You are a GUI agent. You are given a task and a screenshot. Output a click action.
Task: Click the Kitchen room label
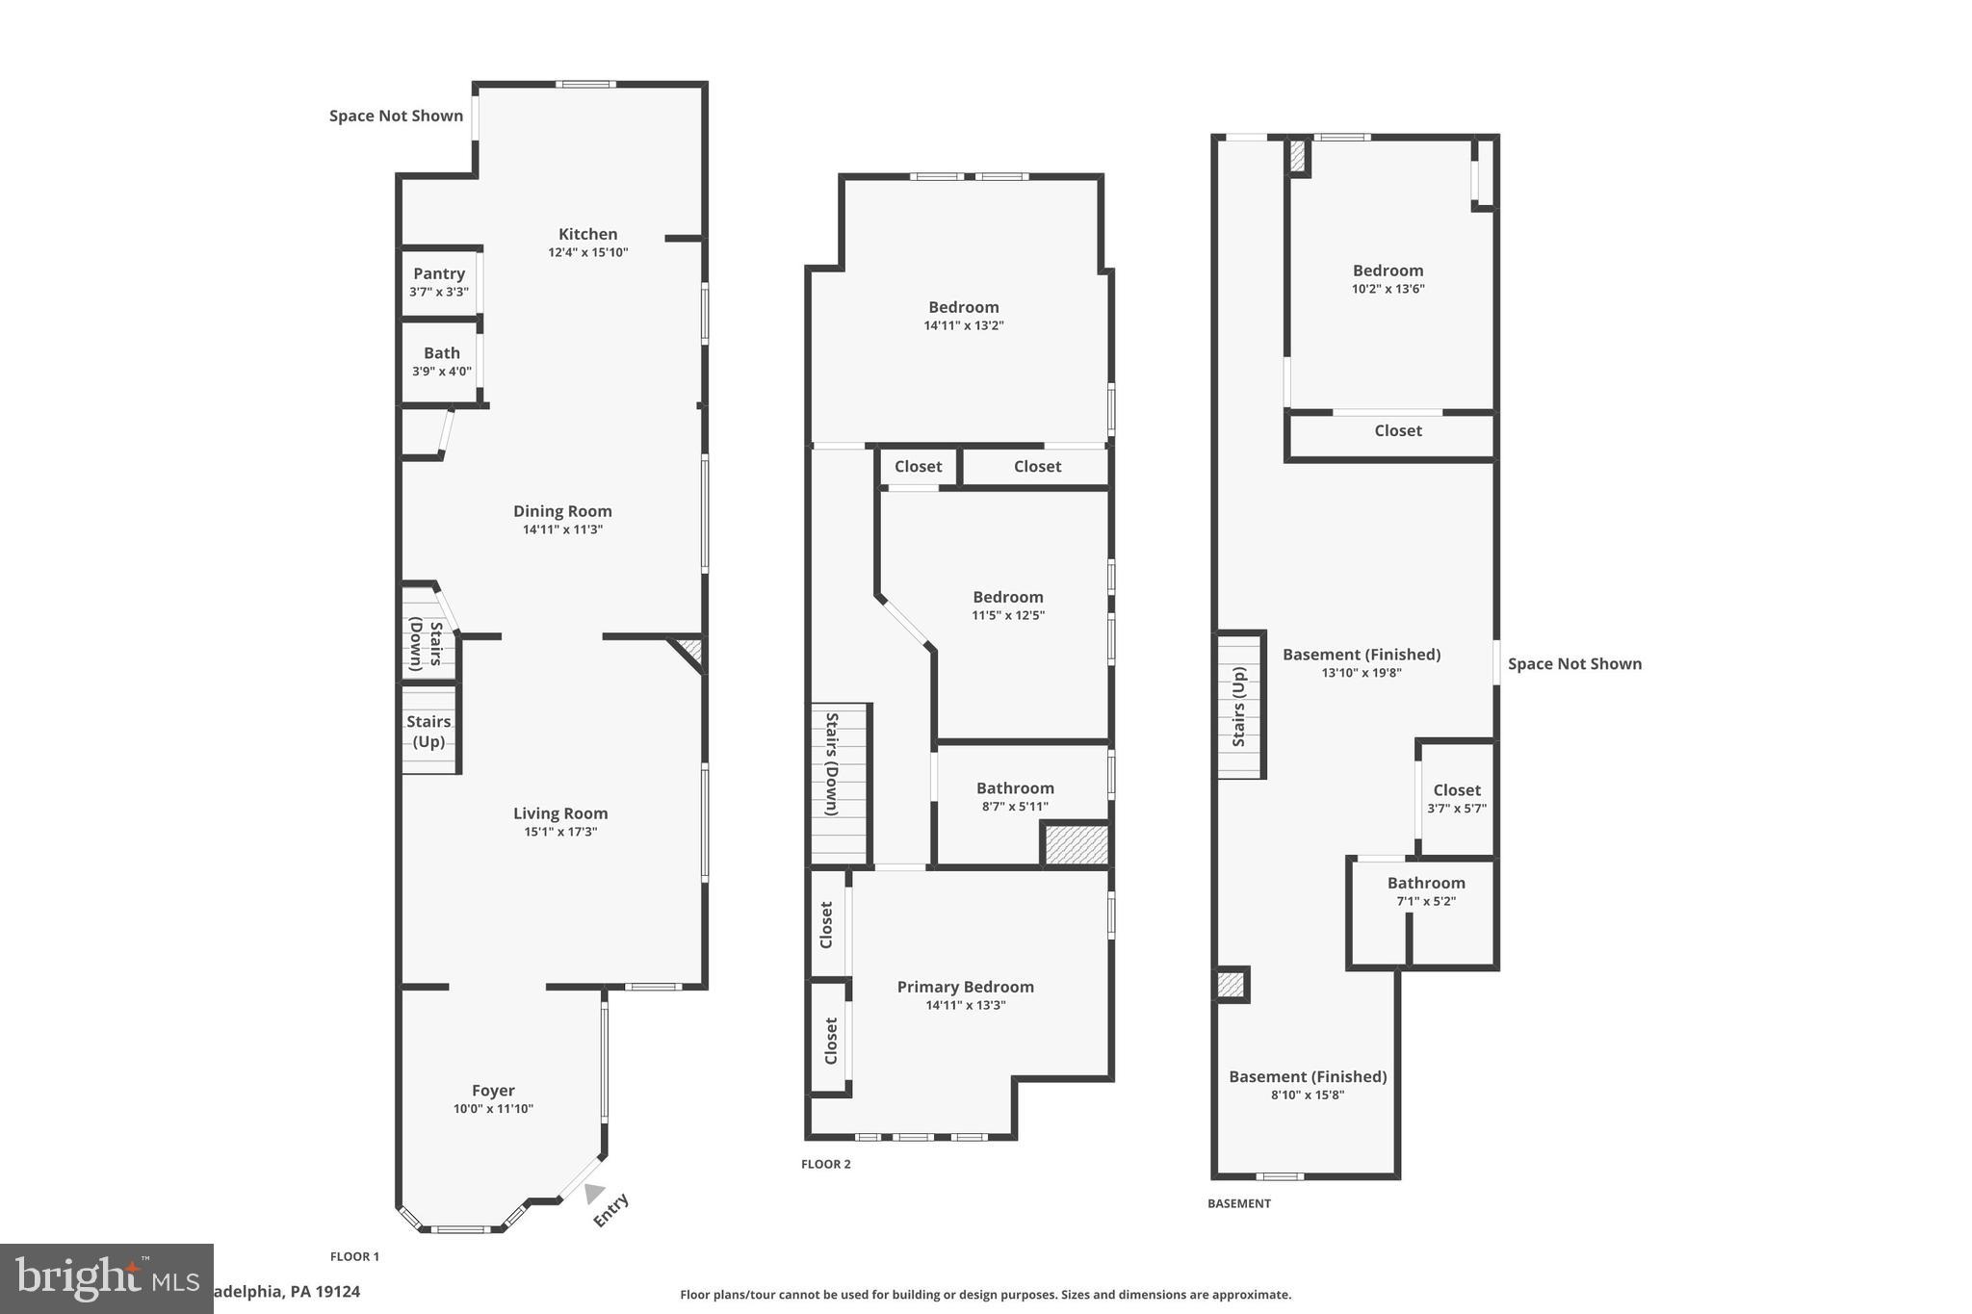click(x=587, y=234)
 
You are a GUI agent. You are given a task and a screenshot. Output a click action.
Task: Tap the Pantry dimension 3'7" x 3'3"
click(x=439, y=292)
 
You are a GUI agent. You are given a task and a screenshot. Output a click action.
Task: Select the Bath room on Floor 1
click(x=441, y=361)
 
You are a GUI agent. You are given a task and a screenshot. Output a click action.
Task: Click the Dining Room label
click(x=562, y=511)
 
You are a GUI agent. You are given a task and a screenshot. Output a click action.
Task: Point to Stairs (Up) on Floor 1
click(x=428, y=731)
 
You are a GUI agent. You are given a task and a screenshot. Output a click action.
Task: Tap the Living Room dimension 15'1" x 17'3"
click(x=560, y=832)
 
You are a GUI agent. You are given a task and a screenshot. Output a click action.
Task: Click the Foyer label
click(x=493, y=1091)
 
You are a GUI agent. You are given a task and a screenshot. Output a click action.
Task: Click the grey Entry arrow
click(x=593, y=1194)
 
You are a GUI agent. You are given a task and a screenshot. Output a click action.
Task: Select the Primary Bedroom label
click(x=965, y=987)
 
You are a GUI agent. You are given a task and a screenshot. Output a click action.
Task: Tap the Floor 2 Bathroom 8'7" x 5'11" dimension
click(x=1015, y=807)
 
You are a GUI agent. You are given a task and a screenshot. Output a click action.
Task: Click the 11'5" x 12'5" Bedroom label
click(x=1007, y=597)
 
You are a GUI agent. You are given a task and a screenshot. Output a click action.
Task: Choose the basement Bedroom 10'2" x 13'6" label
click(x=1388, y=271)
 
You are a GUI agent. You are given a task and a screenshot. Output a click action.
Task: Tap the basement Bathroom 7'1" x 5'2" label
click(x=1426, y=883)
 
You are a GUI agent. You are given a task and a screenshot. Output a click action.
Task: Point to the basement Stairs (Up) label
click(x=1239, y=707)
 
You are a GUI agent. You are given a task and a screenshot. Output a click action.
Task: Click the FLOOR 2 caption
click(x=825, y=1164)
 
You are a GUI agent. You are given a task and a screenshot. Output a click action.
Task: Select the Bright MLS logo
click(x=106, y=1278)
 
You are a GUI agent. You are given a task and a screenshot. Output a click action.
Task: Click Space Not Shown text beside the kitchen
click(x=396, y=116)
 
